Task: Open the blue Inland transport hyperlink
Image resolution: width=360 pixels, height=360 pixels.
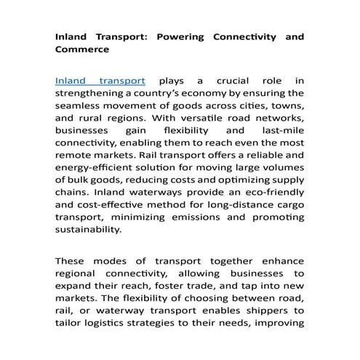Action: [x=100, y=80]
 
